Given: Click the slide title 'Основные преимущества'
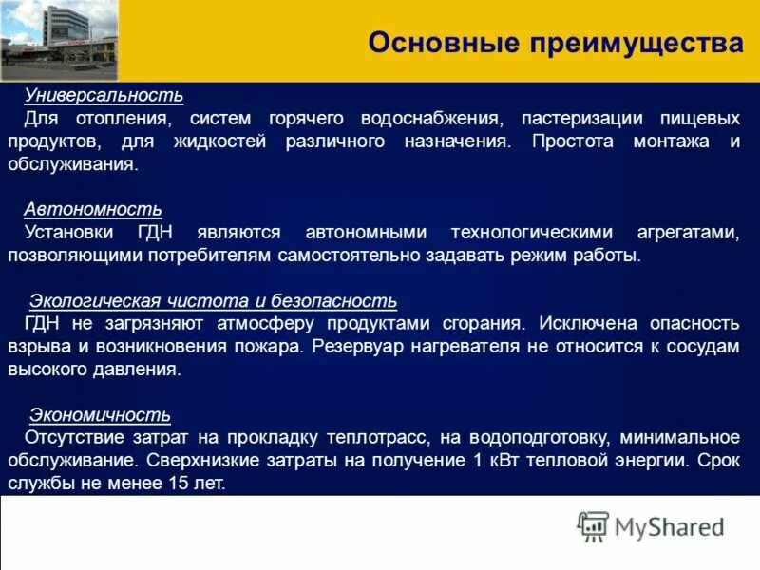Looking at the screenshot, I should pyautogui.click(x=555, y=44).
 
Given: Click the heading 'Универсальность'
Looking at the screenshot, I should pyautogui.click(x=103, y=97).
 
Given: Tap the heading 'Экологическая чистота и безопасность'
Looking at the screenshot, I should pyautogui.click(x=213, y=301).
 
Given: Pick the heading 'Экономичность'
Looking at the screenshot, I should pyautogui.click(x=100, y=414).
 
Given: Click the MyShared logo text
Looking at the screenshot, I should pyautogui.click(x=670, y=527).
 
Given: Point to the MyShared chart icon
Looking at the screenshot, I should pyautogui.click(x=592, y=526).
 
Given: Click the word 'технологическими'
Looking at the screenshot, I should pyautogui.click(x=509, y=233).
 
